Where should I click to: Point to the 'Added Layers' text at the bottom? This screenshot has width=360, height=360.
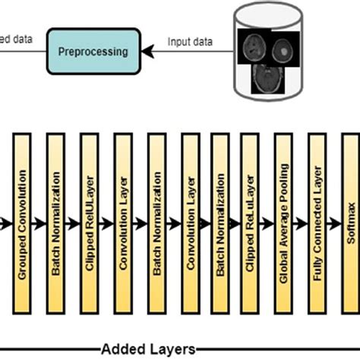148,349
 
